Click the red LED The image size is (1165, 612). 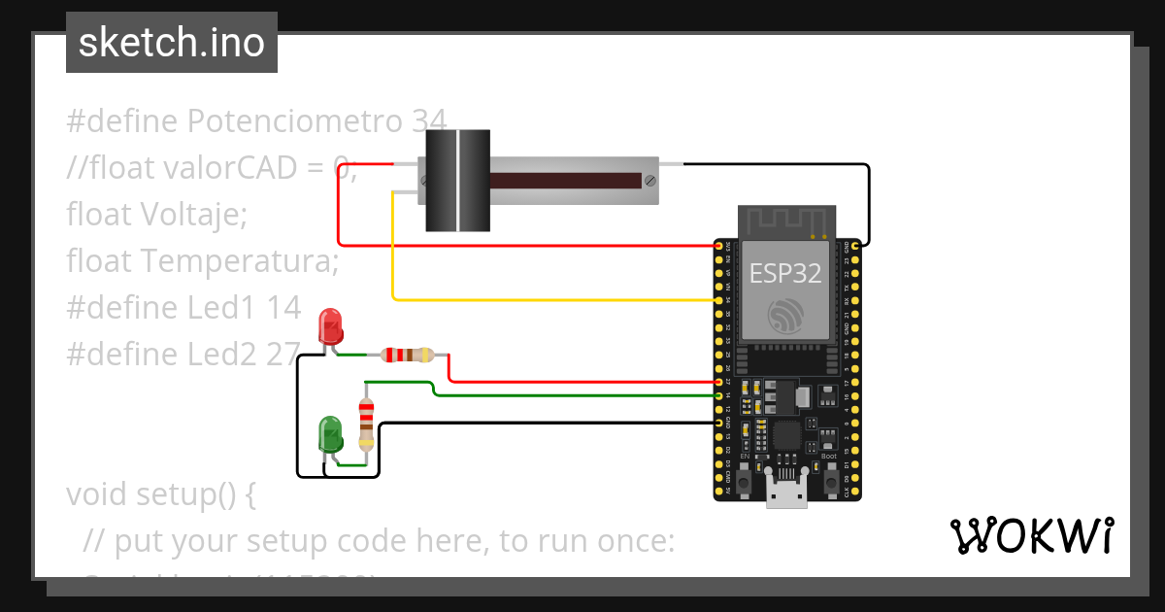[x=331, y=327]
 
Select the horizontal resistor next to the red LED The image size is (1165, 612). [x=407, y=355]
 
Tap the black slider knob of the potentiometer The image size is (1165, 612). [x=457, y=181]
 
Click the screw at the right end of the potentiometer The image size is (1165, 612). [x=649, y=180]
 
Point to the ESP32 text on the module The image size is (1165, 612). [x=785, y=274]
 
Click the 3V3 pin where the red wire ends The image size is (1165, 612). [x=719, y=245]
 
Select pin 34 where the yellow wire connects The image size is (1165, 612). [x=719, y=300]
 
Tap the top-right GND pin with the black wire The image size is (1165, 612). [x=854, y=245]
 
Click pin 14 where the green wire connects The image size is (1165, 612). [x=719, y=395]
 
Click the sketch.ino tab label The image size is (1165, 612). [x=172, y=43]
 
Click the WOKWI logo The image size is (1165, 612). [x=1030, y=536]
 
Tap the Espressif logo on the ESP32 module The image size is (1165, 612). [x=785, y=315]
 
